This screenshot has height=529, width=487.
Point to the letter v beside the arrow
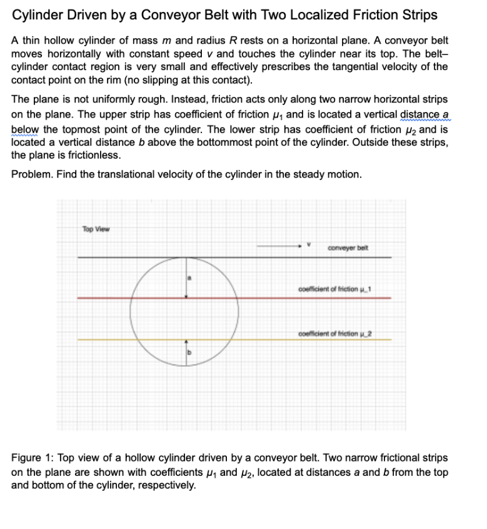coord(308,245)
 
